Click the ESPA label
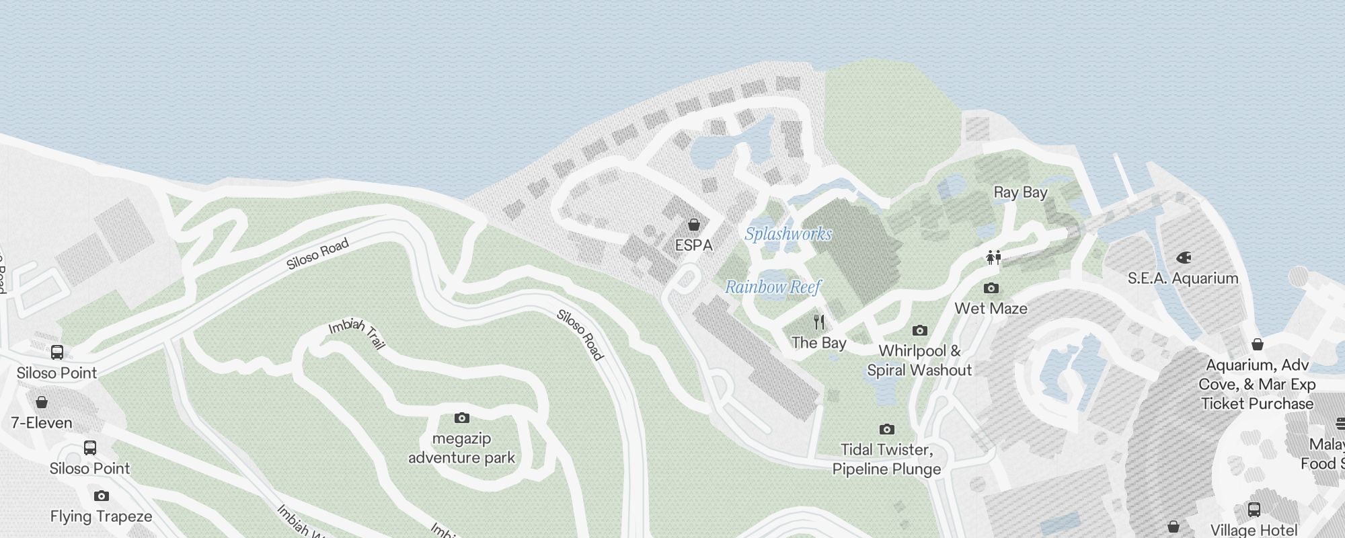click(693, 245)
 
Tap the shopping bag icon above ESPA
click(693, 225)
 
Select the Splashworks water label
click(788, 234)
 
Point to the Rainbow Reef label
click(773, 287)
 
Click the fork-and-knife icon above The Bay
click(818, 322)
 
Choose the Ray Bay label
click(1020, 192)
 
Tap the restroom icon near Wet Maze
click(993, 258)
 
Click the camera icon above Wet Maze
click(991, 289)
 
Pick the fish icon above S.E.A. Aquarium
click(1184, 258)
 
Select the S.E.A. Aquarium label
click(1182, 278)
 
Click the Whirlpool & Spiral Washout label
click(919, 360)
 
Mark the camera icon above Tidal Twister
click(886, 429)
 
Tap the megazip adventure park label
click(461, 448)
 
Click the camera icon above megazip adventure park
click(461, 418)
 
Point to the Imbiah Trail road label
click(357, 334)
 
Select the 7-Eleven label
click(42, 423)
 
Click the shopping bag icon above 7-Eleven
click(42, 402)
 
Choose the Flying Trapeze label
click(101, 516)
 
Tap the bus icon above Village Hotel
click(1254, 510)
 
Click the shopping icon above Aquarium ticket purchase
click(1257, 344)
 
